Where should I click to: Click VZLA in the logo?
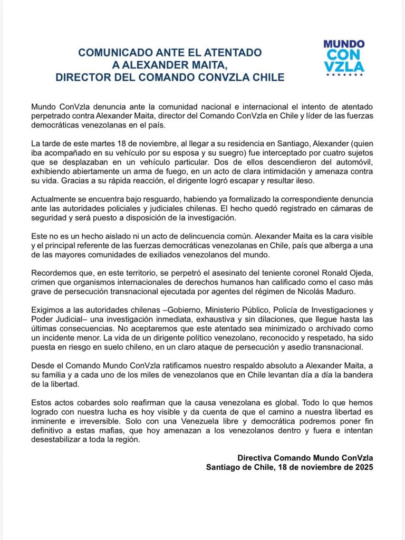click(344, 66)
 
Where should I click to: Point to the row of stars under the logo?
click(344, 75)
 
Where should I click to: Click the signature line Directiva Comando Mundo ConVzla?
click(305, 458)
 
